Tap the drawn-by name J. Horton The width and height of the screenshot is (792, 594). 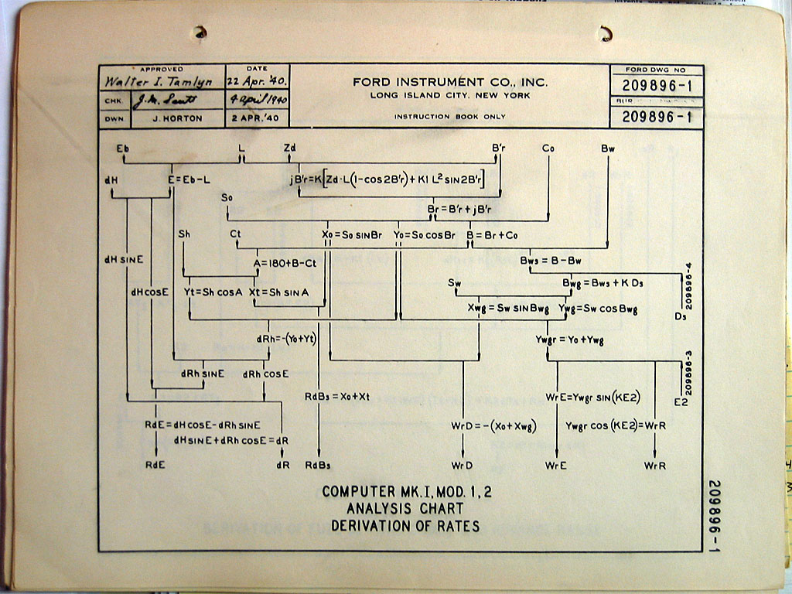[178, 118]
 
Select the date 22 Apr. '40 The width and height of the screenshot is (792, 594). [258, 81]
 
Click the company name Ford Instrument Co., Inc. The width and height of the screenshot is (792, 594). [450, 82]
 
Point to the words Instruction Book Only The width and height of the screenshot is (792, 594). [450, 117]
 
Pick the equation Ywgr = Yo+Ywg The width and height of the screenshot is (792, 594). [570, 340]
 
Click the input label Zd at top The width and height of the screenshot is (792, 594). [289, 147]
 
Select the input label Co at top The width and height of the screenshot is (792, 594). [548, 147]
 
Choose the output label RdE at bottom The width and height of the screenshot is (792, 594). [156, 465]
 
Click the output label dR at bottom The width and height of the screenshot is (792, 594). [282, 465]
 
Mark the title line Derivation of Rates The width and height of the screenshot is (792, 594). [405, 527]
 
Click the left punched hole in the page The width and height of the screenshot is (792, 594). [200, 32]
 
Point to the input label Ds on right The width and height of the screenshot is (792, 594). [681, 316]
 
